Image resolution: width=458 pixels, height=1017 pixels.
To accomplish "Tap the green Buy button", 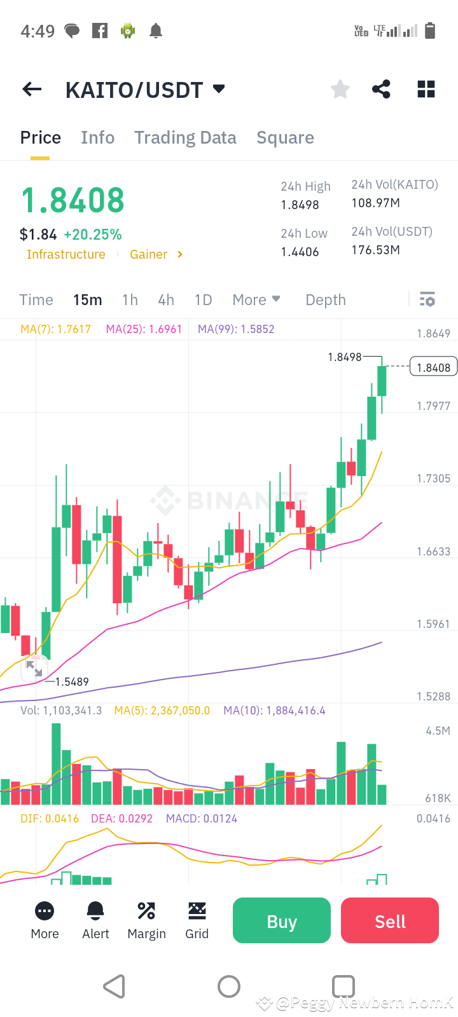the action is (x=282, y=920).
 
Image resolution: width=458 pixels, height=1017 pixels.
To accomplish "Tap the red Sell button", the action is (x=390, y=920).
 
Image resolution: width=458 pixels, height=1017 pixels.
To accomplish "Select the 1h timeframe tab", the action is (x=130, y=300).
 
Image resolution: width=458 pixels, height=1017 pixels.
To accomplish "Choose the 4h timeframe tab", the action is (x=166, y=300).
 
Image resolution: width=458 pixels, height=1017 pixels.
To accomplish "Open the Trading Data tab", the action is (x=185, y=137).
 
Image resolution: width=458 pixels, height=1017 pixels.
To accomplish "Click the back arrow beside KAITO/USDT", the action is (x=32, y=90).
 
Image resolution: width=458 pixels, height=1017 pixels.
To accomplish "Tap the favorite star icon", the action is (x=340, y=89).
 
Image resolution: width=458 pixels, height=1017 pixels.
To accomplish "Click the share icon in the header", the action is (x=381, y=89).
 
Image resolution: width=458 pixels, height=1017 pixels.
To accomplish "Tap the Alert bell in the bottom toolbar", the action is (x=96, y=911).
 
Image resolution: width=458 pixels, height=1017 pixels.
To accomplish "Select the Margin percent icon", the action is (x=146, y=911).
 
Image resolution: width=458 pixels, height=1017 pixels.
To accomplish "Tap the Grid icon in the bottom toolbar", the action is (x=197, y=911).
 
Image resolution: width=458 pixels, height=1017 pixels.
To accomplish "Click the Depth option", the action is (x=326, y=300).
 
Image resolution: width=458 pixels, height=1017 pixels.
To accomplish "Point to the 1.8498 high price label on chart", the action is (x=344, y=357).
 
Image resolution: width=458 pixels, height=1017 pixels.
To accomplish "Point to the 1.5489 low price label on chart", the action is (x=72, y=681).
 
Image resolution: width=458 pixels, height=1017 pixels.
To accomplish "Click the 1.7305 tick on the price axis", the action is (x=433, y=479).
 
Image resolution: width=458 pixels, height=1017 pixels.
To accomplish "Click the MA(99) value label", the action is (x=236, y=329).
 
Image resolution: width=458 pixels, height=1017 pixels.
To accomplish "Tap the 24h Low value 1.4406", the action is (x=300, y=252).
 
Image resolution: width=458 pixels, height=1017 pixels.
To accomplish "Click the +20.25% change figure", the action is (x=93, y=235).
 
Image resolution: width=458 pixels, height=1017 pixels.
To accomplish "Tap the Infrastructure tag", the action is (x=66, y=254).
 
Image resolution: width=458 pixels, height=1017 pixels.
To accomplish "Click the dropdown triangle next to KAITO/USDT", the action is (x=219, y=88).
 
